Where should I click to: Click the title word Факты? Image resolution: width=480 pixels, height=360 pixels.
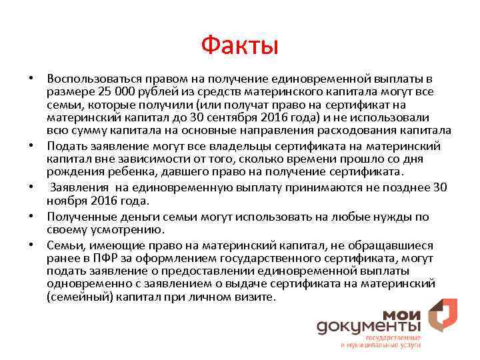click(239, 46)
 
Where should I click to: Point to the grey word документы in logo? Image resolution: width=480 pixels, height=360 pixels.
click(368, 327)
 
